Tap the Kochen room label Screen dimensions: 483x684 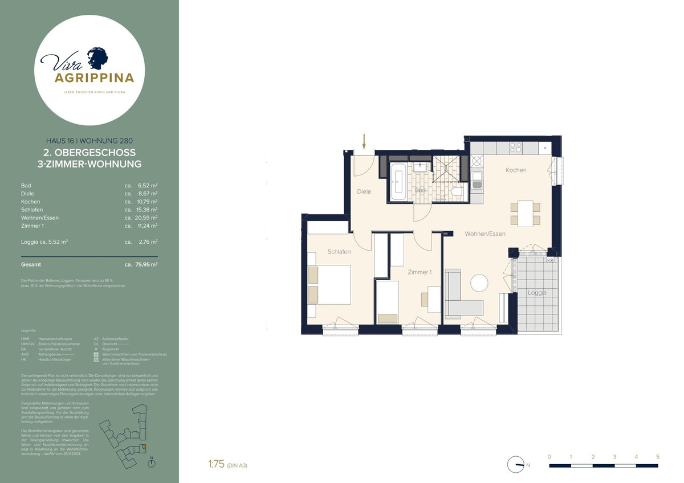click(x=515, y=170)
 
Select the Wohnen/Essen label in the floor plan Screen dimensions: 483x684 click(x=484, y=234)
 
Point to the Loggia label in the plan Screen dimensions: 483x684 click(x=536, y=293)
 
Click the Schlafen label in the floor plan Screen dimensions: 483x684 click(x=339, y=252)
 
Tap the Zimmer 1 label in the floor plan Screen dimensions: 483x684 click(x=420, y=273)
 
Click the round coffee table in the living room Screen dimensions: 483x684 click(x=479, y=283)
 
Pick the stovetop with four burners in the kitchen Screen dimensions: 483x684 click(x=515, y=148)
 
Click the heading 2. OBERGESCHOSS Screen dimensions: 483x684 click(x=89, y=153)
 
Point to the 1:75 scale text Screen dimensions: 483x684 click(x=216, y=465)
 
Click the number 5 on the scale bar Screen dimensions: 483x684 click(x=658, y=457)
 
